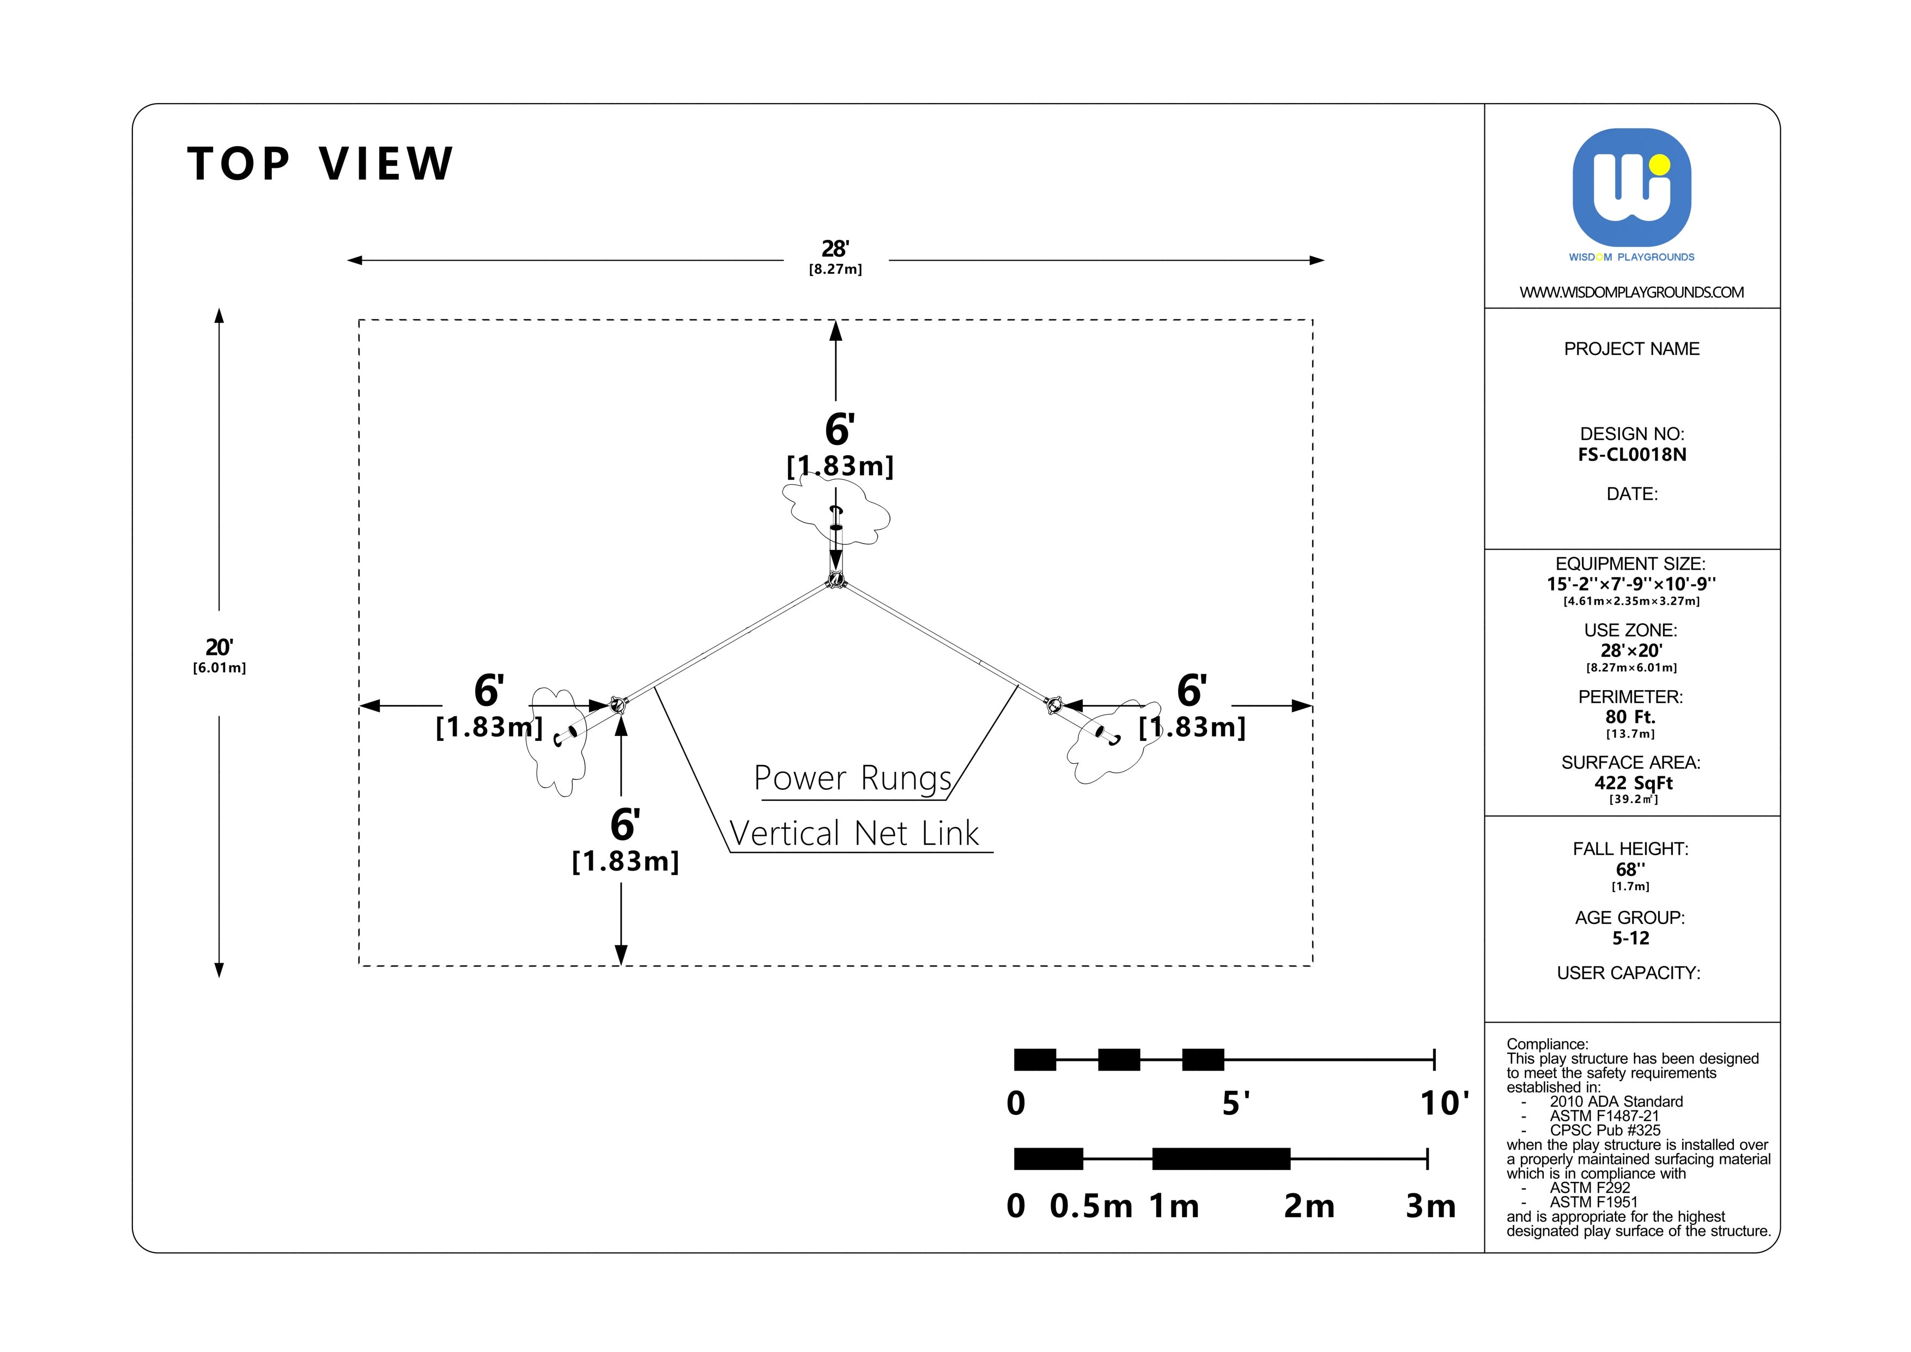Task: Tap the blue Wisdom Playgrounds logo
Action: (x=1631, y=188)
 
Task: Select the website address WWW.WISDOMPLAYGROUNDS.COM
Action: (x=1631, y=292)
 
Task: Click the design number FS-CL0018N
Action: (x=1631, y=455)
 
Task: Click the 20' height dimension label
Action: (x=219, y=648)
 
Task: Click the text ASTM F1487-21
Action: (x=1604, y=1115)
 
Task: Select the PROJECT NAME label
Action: (x=1631, y=349)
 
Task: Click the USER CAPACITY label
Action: (x=1628, y=973)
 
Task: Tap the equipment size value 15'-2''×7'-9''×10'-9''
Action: (x=1631, y=584)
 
